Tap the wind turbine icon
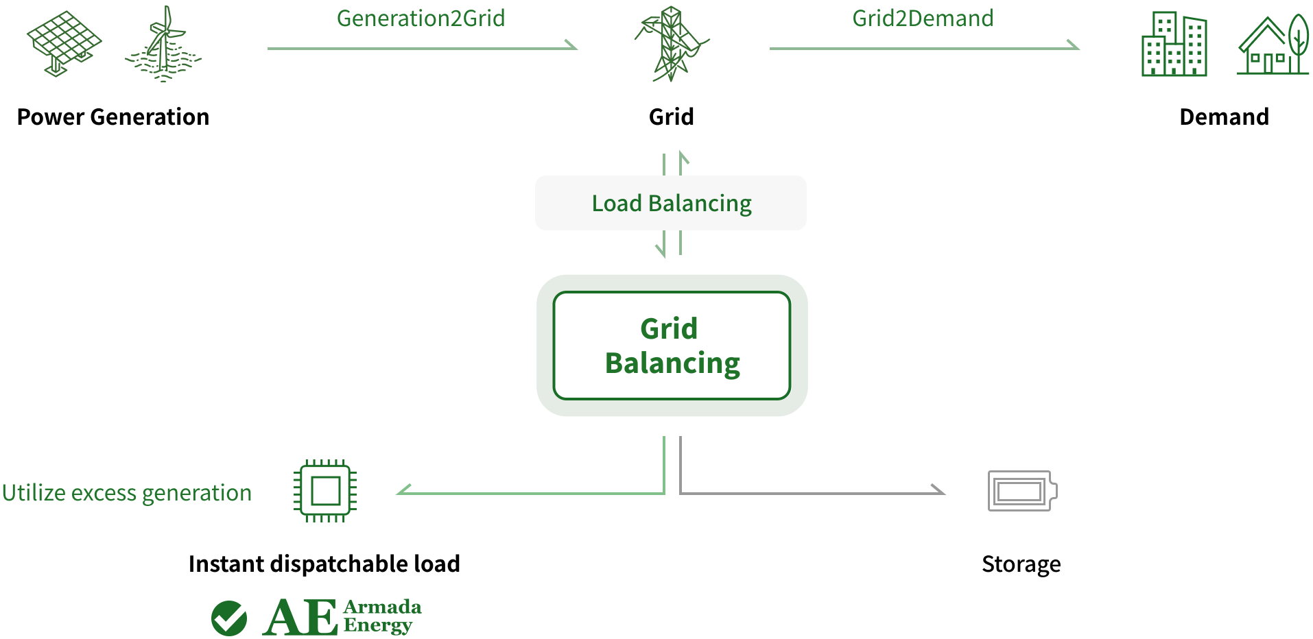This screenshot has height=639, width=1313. click(x=163, y=45)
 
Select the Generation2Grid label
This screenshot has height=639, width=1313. click(x=421, y=19)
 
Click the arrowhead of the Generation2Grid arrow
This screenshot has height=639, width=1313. click(x=572, y=46)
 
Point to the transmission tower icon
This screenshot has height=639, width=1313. click(x=671, y=45)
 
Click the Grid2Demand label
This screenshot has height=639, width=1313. click(x=923, y=19)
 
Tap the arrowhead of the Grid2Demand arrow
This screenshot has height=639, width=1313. click(x=1074, y=46)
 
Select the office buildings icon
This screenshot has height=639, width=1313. click(x=1174, y=45)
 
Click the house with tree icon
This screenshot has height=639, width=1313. click(x=1273, y=46)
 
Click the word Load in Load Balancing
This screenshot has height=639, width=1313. click(x=617, y=204)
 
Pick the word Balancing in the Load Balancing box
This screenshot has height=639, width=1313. click(x=700, y=204)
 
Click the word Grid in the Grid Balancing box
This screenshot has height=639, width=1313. click(x=669, y=328)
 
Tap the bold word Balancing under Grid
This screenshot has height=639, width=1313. click(x=672, y=363)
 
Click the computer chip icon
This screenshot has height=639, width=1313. click(x=325, y=491)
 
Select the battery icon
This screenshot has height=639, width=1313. click(x=1022, y=491)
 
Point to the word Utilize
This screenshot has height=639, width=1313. click(x=34, y=493)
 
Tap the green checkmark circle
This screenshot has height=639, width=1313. click(x=230, y=618)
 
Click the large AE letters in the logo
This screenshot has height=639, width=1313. click(x=300, y=618)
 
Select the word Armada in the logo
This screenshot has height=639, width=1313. click(x=382, y=607)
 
